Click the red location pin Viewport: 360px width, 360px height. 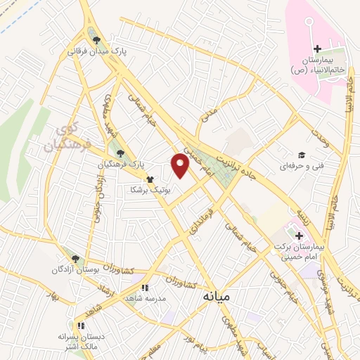(x=181, y=167)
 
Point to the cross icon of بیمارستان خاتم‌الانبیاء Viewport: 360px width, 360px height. (x=317, y=49)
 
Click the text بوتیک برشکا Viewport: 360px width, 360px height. (x=146, y=190)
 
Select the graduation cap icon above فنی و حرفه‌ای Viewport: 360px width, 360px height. (x=301, y=155)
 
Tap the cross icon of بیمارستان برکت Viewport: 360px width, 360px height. (x=299, y=236)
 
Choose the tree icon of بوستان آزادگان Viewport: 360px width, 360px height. (x=75, y=258)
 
